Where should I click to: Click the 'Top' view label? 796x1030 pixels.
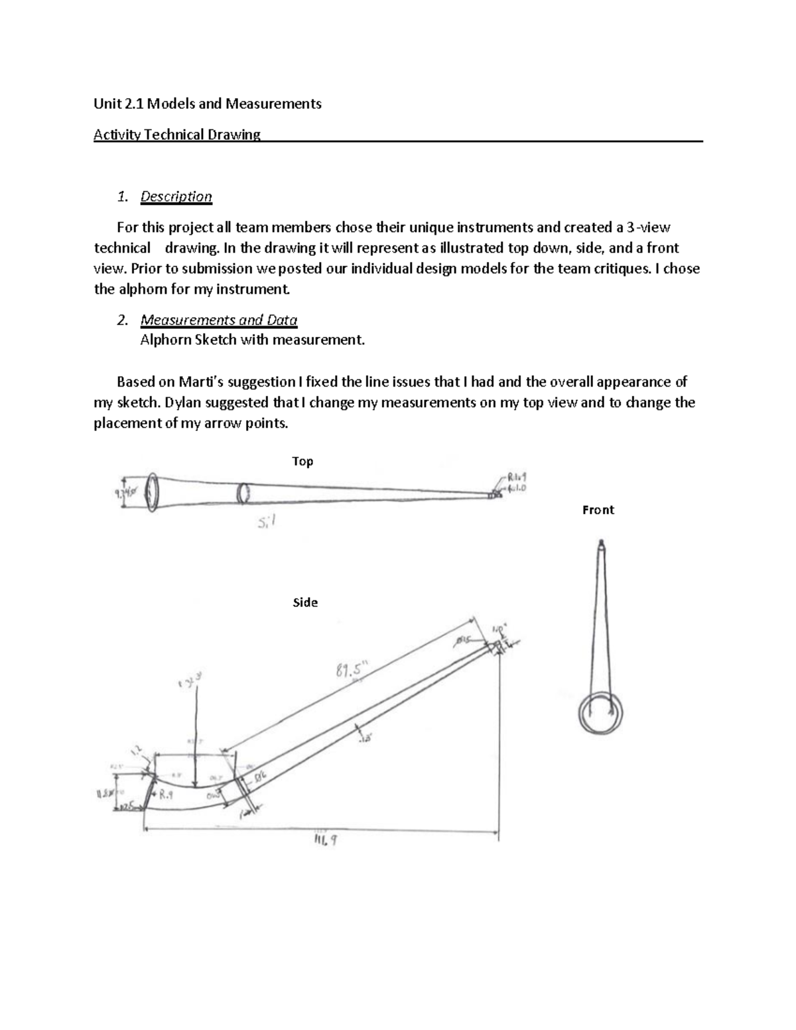pos(302,462)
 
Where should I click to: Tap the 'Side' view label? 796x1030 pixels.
pos(305,603)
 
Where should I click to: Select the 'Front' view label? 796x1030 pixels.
pos(598,510)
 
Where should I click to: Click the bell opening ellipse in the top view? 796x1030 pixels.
pos(152,492)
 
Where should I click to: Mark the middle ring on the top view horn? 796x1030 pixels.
pos(243,493)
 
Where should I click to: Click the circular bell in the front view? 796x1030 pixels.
pos(600,712)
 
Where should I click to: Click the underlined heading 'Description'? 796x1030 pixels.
pos(176,196)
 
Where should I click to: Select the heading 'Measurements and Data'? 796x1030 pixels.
pos(218,320)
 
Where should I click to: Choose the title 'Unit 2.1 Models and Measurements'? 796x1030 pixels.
pos(207,103)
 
